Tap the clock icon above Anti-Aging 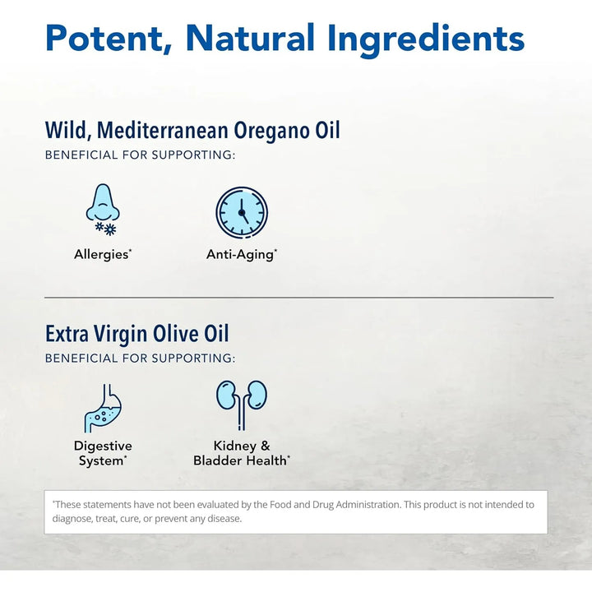point(242,212)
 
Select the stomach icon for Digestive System point(103,407)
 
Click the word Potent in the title point(107,38)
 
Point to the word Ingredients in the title point(426,38)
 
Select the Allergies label point(102,254)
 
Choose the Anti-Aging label point(241,254)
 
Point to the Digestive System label point(103,453)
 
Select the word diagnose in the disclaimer point(73,519)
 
